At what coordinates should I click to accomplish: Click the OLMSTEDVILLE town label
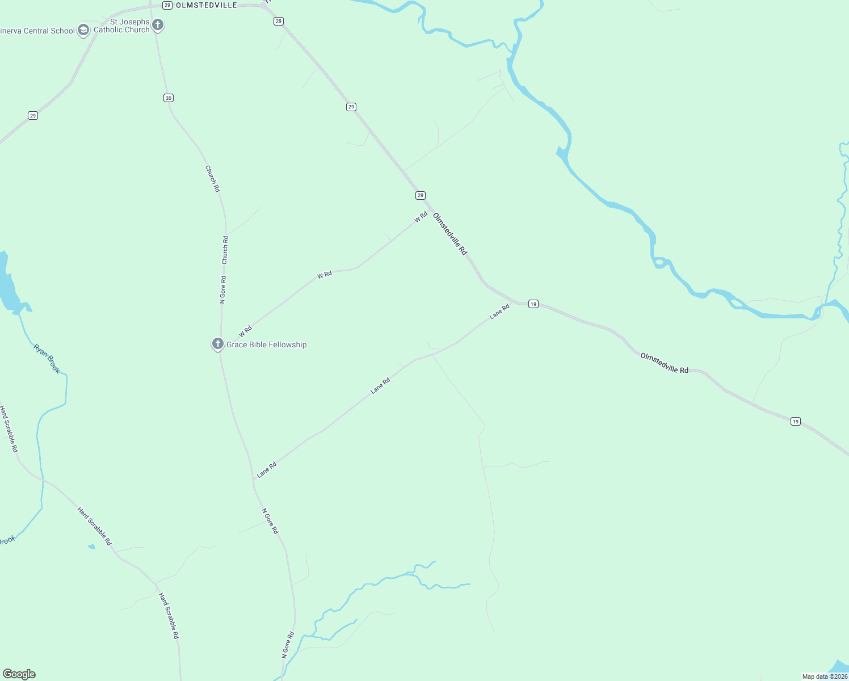[207, 5]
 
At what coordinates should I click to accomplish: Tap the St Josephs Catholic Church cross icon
[158, 25]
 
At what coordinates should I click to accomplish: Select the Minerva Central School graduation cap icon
[83, 30]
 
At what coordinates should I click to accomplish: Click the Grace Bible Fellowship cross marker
[217, 343]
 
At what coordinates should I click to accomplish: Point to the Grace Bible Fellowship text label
[267, 344]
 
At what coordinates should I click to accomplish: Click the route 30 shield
[168, 98]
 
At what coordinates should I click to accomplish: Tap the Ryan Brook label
[47, 359]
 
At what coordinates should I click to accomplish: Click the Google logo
[19, 674]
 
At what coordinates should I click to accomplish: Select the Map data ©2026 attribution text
[825, 676]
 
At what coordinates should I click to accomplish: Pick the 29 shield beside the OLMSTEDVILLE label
[167, 5]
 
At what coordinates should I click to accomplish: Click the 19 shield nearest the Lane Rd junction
[533, 304]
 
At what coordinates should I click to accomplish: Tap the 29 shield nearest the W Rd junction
[420, 195]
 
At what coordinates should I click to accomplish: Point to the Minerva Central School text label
[38, 31]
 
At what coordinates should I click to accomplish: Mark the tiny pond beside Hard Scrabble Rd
[91, 547]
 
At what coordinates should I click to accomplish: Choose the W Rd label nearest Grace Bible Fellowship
[245, 332]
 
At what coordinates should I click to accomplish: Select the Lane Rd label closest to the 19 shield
[499, 312]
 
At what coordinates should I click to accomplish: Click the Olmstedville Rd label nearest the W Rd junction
[450, 234]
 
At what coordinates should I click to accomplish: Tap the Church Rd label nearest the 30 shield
[212, 179]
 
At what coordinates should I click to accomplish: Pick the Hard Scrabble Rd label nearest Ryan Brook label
[9, 428]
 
